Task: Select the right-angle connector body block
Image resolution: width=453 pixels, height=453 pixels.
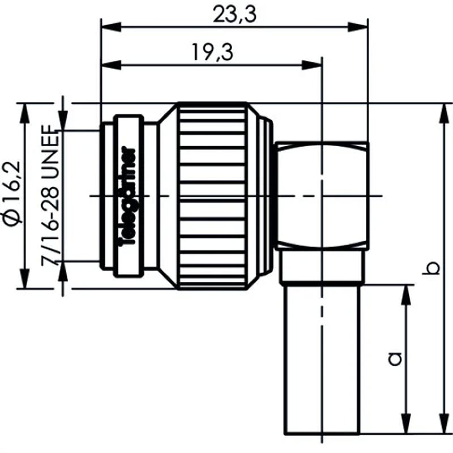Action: click(322, 196)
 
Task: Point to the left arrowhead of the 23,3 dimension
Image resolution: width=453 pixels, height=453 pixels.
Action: click(108, 26)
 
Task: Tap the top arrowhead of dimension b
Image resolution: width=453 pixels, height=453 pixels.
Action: click(442, 111)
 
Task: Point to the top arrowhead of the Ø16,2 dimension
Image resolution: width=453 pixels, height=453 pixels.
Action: click(25, 111)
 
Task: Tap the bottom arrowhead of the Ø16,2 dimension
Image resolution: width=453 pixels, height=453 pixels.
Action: click(25, 281)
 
